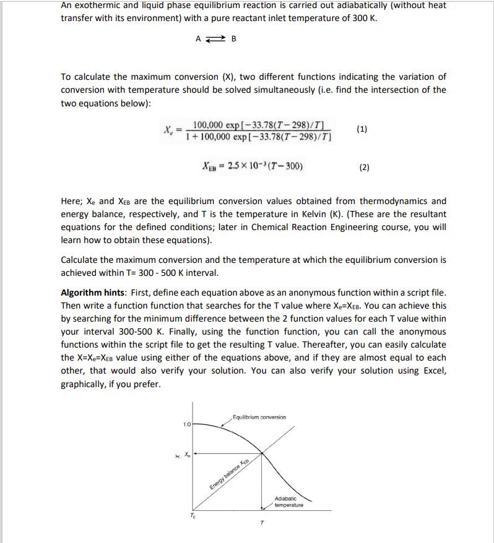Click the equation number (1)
(x=362, y=129)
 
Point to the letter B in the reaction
(x=233, y=39)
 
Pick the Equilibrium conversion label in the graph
(x=259, y=417)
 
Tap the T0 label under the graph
(x=193, y=515)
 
